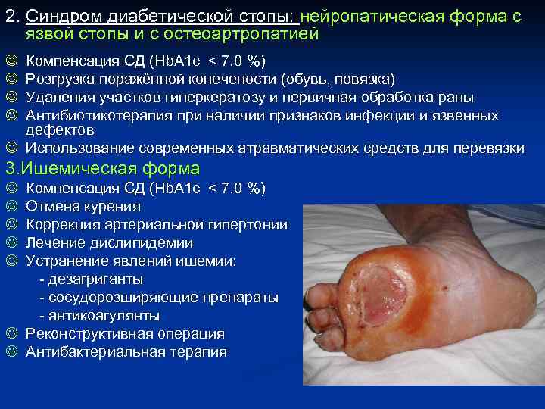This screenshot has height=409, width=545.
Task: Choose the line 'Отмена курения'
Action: coord(83,206)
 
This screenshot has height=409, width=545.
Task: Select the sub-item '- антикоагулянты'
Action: coord(99,315)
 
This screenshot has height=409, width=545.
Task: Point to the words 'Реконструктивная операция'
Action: coord(125,333)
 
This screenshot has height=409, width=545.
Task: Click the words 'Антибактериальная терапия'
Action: coord(126,351)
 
